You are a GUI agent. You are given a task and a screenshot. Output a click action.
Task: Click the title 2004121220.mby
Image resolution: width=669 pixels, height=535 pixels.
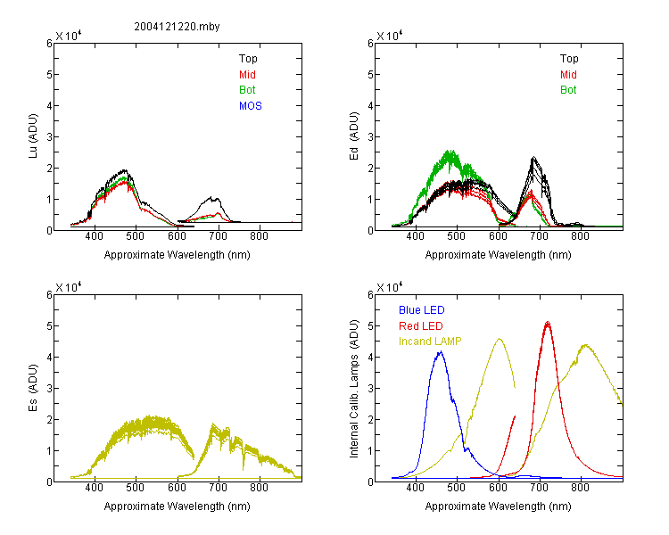177,27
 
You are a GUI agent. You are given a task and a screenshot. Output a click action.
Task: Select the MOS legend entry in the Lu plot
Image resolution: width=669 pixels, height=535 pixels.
251,106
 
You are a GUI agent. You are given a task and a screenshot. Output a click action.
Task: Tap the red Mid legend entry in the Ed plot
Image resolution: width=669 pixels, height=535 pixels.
568,75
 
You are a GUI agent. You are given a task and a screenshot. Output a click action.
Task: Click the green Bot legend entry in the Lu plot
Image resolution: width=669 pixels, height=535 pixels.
247,90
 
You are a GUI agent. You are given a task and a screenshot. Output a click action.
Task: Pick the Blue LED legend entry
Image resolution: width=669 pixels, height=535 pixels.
422,310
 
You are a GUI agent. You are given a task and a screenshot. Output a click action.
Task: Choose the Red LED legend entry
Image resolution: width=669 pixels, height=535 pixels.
421,326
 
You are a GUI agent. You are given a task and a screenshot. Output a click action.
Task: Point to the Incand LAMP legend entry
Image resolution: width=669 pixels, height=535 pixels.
430,342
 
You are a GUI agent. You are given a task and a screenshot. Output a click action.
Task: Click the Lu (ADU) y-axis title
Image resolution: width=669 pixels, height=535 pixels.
33,136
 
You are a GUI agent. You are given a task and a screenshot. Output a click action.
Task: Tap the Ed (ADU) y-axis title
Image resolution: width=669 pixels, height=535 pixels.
354,136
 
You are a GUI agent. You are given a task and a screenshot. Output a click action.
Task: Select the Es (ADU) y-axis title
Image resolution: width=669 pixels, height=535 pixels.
33,388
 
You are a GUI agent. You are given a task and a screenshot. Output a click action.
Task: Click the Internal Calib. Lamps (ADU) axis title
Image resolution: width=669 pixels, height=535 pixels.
354,389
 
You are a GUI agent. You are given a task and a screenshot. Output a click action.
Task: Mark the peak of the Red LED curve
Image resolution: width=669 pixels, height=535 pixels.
548,322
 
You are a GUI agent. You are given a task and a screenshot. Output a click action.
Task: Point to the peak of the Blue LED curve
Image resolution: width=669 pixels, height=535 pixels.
441,351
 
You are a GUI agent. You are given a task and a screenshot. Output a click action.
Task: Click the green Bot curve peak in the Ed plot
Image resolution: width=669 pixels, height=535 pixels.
449,151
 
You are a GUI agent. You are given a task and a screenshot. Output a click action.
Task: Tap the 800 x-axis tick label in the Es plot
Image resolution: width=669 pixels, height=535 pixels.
259,488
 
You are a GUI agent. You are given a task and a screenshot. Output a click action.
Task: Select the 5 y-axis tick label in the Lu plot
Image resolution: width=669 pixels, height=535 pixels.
49,75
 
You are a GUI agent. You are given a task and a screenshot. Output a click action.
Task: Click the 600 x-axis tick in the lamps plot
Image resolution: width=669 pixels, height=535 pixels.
498,488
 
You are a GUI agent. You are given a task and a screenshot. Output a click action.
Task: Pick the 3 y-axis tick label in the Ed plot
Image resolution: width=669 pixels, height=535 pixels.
370,137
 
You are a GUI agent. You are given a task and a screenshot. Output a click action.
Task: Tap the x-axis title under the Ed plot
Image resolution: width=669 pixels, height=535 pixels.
498,255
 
